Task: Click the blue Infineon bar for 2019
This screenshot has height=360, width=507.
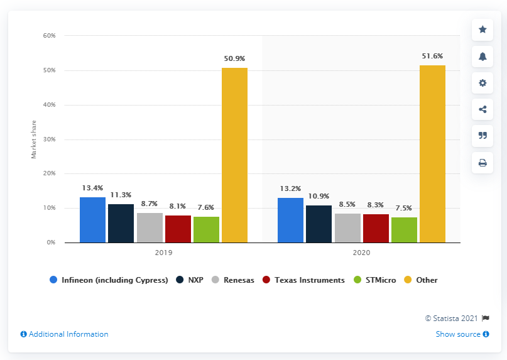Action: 92,220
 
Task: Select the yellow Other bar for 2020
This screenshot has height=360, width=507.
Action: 432,154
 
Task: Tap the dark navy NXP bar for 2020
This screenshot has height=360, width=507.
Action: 319,224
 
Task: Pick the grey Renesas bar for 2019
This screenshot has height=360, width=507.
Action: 150,227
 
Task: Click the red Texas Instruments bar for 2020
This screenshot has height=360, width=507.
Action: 376,228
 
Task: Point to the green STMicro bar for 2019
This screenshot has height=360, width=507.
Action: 206,229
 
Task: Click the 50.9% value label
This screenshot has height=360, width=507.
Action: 234,58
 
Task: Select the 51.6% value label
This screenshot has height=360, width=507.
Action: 432,56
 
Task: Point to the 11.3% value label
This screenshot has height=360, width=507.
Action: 121,195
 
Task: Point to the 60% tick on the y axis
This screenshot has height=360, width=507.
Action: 50,36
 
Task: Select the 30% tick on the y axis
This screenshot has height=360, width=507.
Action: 50,139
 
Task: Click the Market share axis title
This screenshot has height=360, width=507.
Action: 34,139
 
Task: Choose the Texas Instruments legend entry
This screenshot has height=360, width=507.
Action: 307,280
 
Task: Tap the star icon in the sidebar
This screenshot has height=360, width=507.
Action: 482,30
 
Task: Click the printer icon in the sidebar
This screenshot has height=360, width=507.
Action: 482,163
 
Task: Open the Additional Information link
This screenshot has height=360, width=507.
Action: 64,334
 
